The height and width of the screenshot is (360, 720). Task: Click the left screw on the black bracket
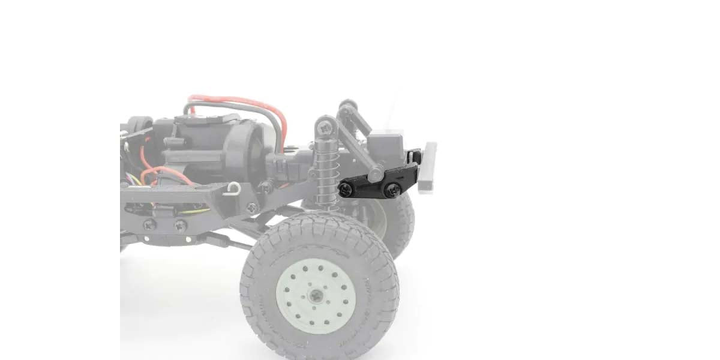pyautogui.click(x=346, y=190)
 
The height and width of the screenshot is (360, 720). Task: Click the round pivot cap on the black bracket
pyautogui.click(x=376, y=174)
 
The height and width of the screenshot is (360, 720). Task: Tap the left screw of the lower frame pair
pyautogui.click(x=149, y=225)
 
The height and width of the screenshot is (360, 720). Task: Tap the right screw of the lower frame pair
pyautogui.click(x=180, y=225)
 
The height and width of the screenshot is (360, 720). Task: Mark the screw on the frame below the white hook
pyautogui.click(x=251, y=208)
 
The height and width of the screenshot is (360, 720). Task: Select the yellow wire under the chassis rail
pyautogui.click(x=192, y=211)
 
